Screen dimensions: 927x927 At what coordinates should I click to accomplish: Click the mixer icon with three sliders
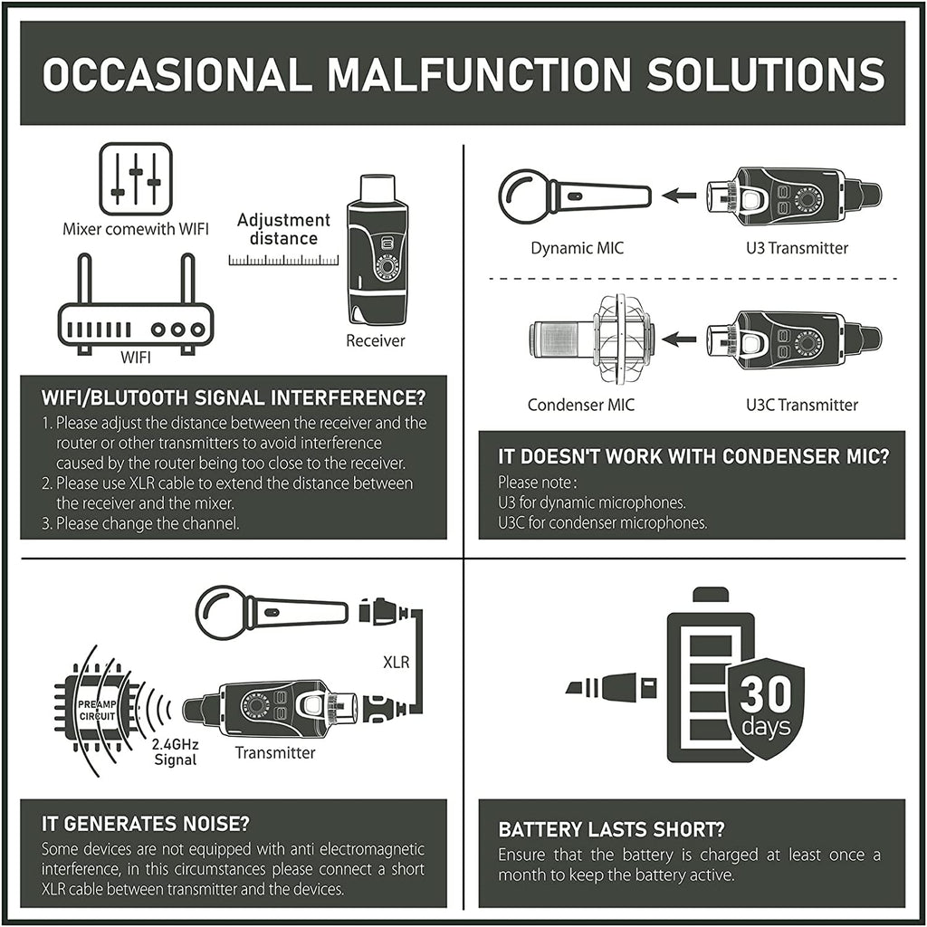pos(136,178)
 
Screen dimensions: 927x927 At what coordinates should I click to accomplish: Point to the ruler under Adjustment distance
pos(283,260)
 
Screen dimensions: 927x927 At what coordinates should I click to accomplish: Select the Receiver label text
pos(376,340)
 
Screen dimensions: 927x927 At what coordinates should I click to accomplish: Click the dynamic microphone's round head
pos(524,196)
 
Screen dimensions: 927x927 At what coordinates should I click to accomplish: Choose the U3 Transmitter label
pos(797,248)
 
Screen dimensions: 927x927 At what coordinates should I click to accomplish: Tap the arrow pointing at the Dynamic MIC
pos(679,196)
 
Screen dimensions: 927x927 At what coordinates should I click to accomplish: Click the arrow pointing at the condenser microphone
pos(679,339)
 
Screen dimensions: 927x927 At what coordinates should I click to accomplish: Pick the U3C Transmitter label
pos(802,405)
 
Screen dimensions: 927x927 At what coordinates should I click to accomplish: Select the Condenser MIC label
pos(581,405)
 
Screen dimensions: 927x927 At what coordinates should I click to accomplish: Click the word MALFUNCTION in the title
pos(480,74)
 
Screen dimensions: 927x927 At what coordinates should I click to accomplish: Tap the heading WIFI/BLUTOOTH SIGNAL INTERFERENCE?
pos(234,398)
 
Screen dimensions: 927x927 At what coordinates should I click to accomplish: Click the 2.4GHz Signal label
pos(175,752)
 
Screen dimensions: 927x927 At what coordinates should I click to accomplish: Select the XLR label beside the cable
pos(397,662)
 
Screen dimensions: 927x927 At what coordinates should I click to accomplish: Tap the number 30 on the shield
pos(766,694)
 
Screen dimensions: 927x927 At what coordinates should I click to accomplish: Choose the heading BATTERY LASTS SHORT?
pos(611,829)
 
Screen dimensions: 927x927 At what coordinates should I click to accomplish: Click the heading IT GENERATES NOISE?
pos(146,824)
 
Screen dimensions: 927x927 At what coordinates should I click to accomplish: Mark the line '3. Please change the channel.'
pos(140,524)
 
